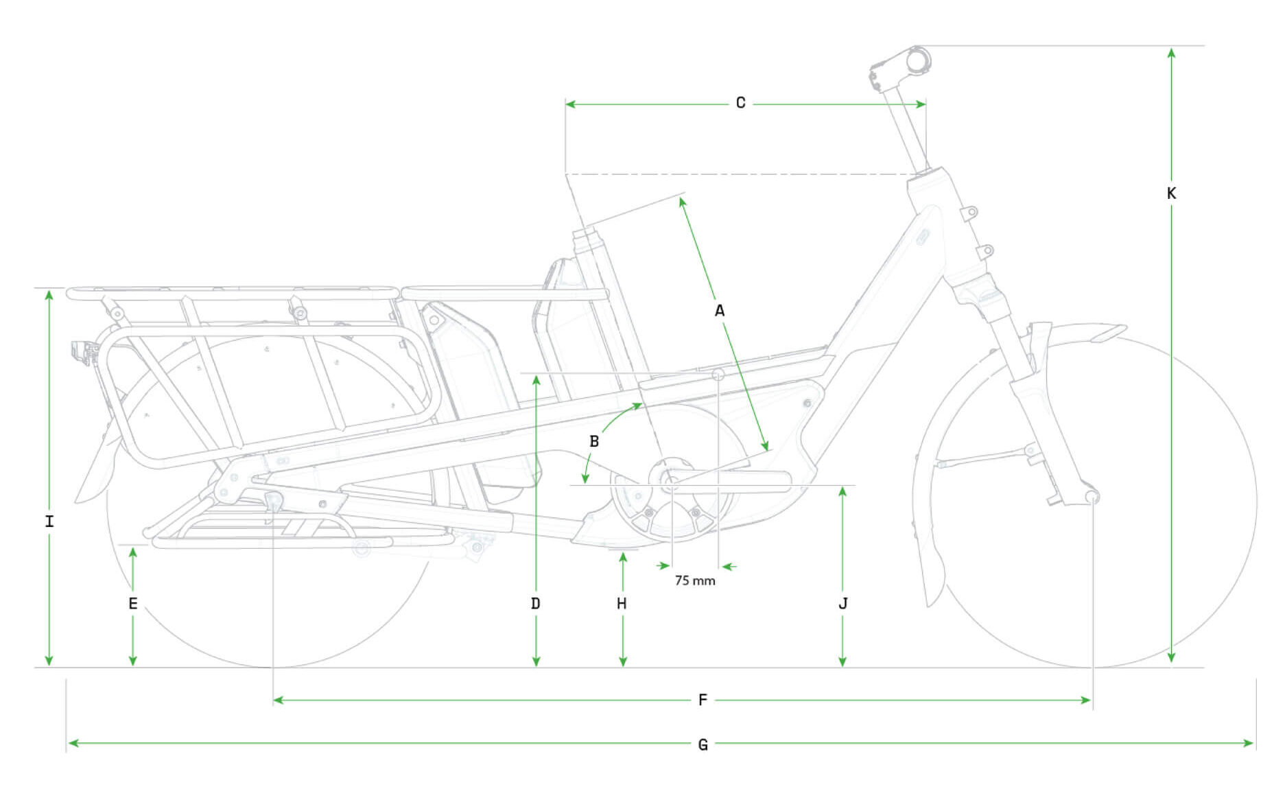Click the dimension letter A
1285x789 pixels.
point(719,311)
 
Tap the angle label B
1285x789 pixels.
point(594,441)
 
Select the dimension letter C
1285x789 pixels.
point(740,103)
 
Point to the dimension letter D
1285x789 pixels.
point(536,604)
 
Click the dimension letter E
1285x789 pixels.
point(133,604)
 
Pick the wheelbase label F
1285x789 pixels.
point(703,700)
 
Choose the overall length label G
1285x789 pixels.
point(703,744)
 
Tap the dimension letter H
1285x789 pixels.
point(622,604)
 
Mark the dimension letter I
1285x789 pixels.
point(49,521)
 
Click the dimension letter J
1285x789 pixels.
point(842,604)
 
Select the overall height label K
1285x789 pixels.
point(1171,193)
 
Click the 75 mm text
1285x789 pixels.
point(694,580)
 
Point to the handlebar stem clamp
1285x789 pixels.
point(917,60)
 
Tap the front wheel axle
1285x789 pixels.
point(1091,495)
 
